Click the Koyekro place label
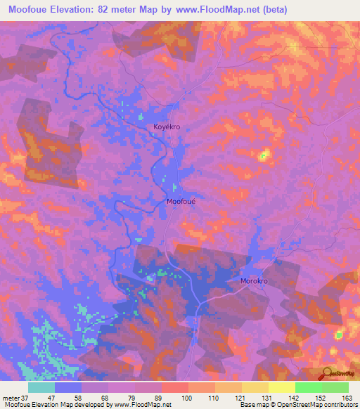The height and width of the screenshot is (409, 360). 168,127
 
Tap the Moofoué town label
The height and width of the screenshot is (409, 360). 181,202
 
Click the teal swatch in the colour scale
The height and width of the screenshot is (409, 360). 41,387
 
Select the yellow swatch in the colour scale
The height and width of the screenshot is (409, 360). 282,387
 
